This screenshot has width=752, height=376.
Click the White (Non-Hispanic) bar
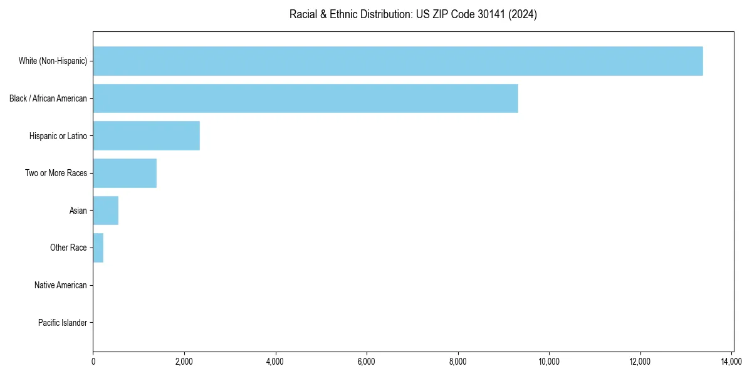[398, 61]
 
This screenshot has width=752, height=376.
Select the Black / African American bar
[305, 98]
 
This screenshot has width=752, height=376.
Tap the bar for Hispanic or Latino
[146, 135]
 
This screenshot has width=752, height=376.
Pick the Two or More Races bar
[125, 173]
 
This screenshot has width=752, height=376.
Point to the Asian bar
[105, 211]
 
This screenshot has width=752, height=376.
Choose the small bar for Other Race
[98, 248]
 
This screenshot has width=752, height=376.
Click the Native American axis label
[61, 285]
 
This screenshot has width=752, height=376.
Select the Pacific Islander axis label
[63, 323]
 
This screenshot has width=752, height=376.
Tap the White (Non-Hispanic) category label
[53, 61]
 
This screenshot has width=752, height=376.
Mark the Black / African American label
[48, 98]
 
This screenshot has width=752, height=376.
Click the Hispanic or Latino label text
[58, 135]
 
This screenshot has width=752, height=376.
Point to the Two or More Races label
[56, 173]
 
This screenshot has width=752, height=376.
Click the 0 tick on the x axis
[93, 362]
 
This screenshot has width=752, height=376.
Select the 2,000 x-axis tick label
[184, 362]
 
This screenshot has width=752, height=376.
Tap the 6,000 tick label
[367, 362]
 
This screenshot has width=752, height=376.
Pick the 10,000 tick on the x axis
[549, 362]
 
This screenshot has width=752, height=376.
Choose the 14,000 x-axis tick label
[731, 362]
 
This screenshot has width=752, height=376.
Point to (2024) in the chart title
[523, 14]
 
